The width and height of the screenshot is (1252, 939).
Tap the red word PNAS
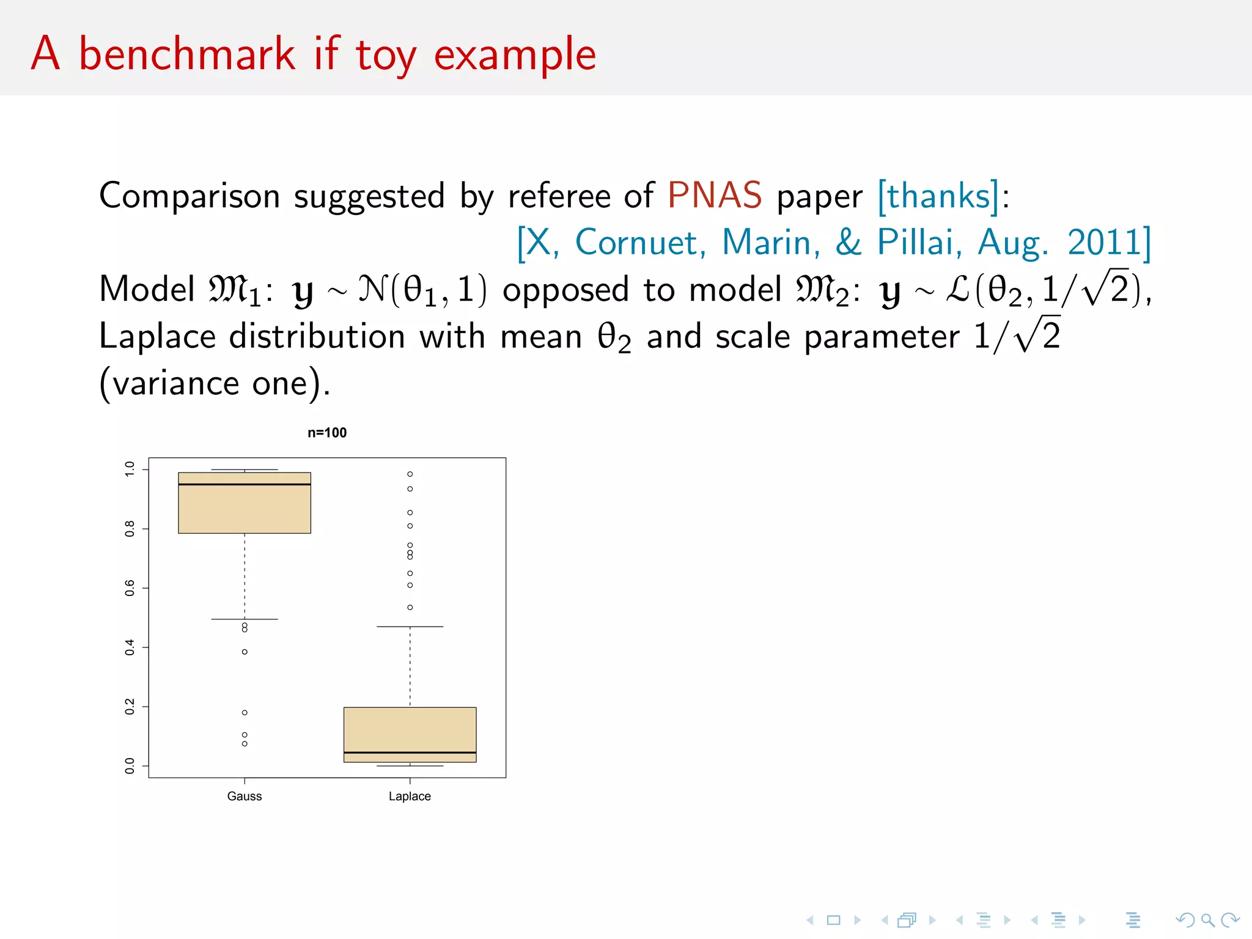pyautogui.click(x=714, y=196)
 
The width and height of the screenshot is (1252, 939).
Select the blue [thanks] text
pyautogui.click(x=938, y=196)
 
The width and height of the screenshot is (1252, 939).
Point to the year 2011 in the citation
pyautogui.click(x=1105, y=242)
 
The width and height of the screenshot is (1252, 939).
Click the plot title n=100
pyautogui.click(x=327, y=433)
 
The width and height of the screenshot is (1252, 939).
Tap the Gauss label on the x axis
pyautogui.click(x=245, y=796)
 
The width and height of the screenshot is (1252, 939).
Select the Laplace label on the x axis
pyautogui.click(x=410, y=796)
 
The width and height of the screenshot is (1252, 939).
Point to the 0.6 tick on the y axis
pyautogui.click(x=130, y=588)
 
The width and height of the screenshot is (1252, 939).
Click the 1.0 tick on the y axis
pyautogui.click(x=130, y=469)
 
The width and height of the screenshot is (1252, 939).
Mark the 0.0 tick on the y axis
pyautogui.click(x=130, y=765)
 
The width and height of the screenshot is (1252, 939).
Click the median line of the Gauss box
pyautogui.click(x=245, y=484)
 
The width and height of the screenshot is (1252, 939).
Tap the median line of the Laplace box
pyautogui.click(x=410, y=753)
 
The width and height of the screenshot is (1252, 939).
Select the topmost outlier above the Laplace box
pyautogui.click(x=410, y=474)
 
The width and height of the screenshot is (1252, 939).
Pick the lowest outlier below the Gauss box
pyautogui.click(x=245, y=743)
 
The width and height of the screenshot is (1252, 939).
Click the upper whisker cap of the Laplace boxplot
pyautogui.click(x=410, y=627)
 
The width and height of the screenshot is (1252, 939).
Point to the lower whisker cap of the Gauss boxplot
pyautogui.click(x=245, y=619)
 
